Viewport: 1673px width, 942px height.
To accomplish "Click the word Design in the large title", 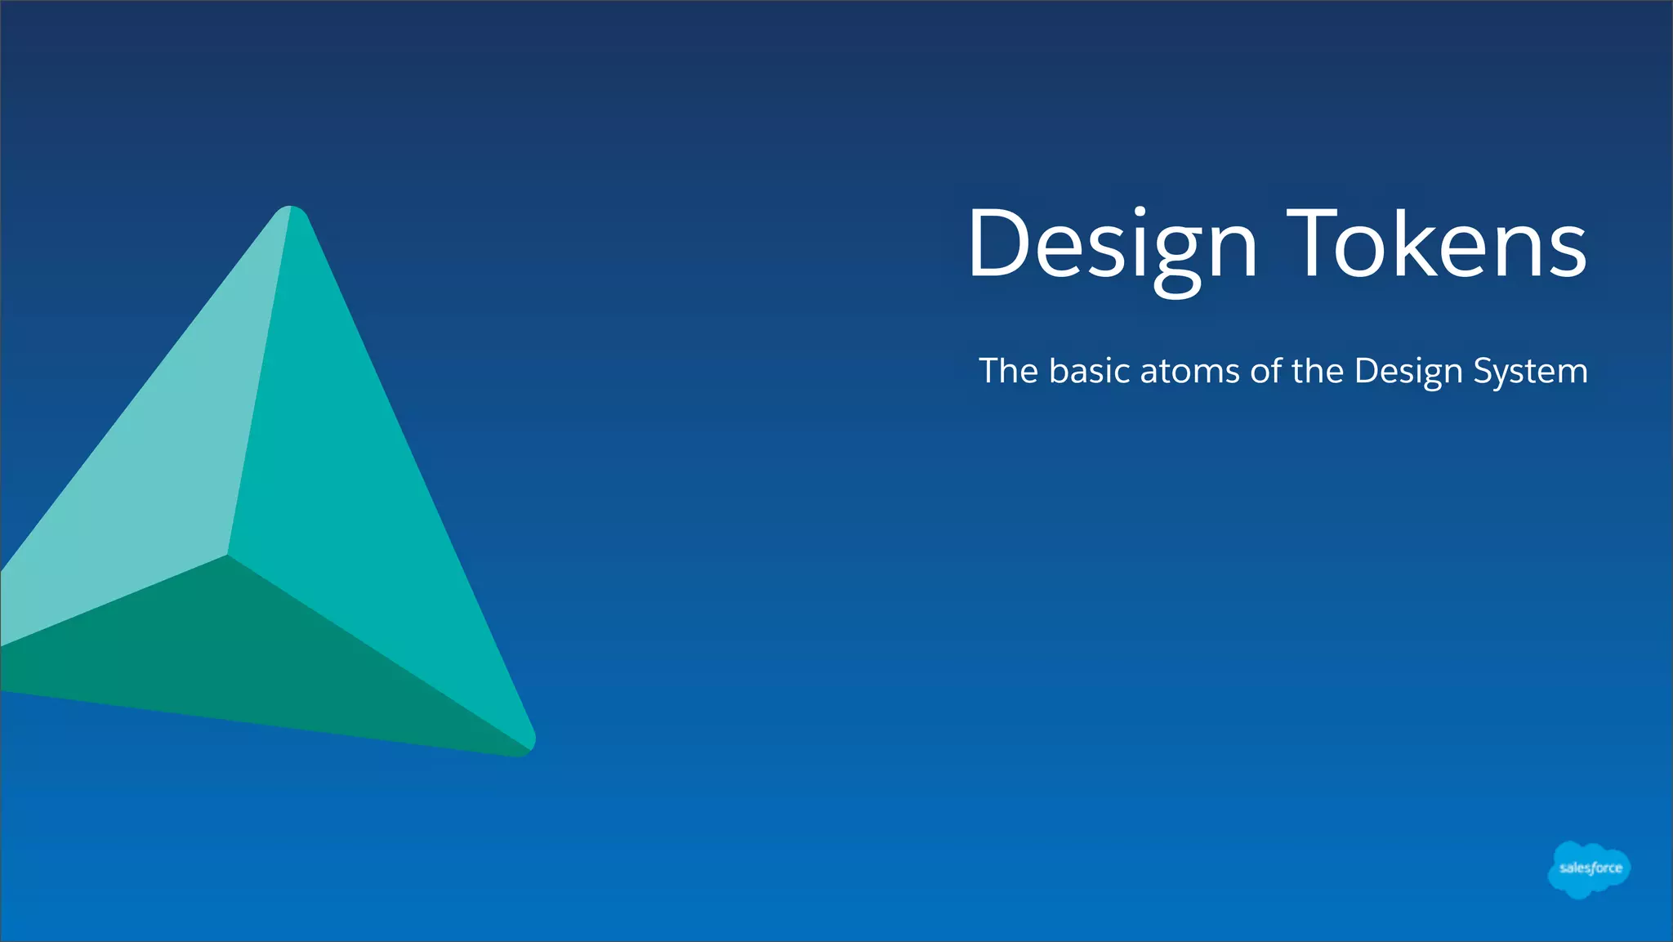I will (x=1112, y=244).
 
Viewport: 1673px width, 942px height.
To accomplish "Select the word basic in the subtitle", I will (x=1090, y=371).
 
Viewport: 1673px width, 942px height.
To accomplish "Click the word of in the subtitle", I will (x=1266, y=371).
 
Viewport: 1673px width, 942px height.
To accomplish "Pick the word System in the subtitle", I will (x=1530, y=372).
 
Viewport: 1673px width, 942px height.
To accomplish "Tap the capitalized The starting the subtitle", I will (x=1009, y=371).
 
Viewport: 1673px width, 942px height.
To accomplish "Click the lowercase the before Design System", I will (x=1318, y=371).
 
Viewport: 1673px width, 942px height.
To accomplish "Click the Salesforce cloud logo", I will (x=1589, y=869).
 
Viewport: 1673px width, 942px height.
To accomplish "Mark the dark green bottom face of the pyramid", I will (x=245, y=654).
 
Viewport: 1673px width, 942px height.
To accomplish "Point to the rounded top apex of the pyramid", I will (x=292, y=214).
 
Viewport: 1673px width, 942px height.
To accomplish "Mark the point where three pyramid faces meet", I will (x=227, y=556).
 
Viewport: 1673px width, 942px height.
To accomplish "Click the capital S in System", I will (x=1485, y=372).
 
